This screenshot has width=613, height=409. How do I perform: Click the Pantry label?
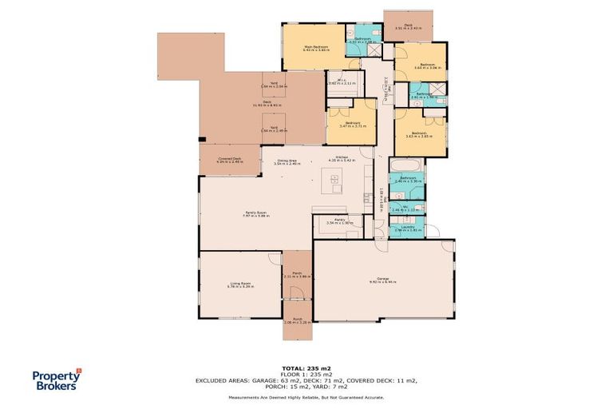[339, 221]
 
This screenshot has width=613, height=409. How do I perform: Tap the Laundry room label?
[407, 228]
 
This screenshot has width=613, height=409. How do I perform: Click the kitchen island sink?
[335, 180]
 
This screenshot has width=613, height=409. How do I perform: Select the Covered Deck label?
[231, 159]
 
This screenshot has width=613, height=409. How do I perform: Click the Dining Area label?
[288, 163]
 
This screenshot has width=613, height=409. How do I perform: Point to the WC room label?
[407, 208]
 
